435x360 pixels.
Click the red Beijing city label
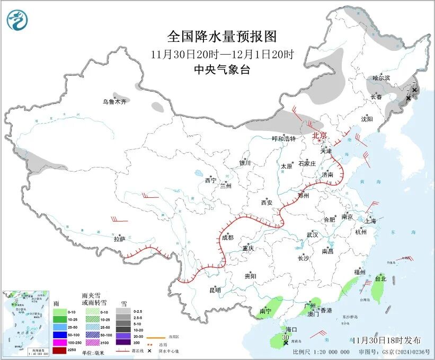click(320, 136)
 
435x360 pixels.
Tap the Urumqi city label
click(115, 101)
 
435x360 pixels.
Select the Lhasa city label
click(119, 239)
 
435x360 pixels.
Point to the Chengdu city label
click(227, 238)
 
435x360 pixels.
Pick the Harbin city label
click(381, 78)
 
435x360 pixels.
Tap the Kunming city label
click(215, 290)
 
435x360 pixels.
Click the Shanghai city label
click(370, 221)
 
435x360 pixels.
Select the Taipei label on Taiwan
click(380, 278)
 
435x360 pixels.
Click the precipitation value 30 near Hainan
click(285, 337)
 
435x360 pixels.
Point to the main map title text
click(222, 37)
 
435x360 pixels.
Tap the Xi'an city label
click(267, 203)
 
